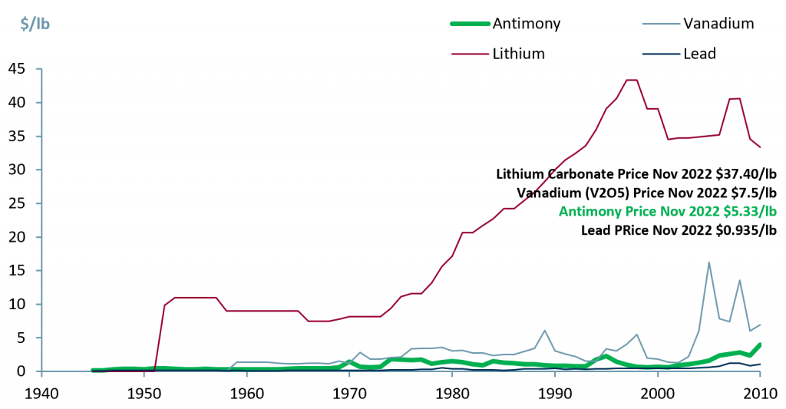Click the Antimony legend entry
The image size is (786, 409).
coord(527,23)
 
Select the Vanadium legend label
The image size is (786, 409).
coord(718,23)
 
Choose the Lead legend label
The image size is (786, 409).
coord(699,54)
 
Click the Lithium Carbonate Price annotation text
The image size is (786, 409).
coord(636,173)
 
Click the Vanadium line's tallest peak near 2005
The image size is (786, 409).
coord(708,262)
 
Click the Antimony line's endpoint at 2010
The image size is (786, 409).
coord(760,345)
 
